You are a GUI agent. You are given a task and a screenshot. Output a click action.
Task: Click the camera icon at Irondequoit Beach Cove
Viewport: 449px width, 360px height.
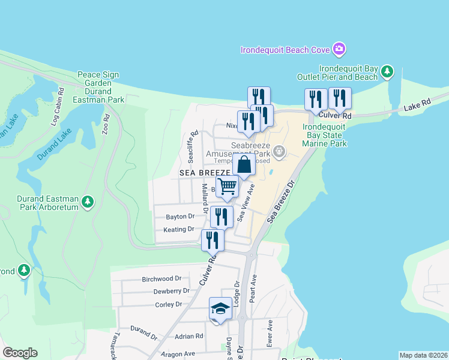point(339,49)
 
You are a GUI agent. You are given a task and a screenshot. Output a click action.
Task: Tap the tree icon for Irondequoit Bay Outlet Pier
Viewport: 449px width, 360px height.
point(387,72)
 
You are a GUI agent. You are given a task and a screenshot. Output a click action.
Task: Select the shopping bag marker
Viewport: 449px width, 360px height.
point(244,164)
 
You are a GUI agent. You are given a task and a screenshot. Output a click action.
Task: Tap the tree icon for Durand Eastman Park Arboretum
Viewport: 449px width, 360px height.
point(88,202)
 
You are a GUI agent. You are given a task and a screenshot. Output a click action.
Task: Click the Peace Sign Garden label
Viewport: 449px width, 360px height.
point(98,79)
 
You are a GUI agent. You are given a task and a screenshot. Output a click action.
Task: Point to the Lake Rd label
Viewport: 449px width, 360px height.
point(417,106)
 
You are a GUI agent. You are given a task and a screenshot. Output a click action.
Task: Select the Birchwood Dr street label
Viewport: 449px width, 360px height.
point(161,279)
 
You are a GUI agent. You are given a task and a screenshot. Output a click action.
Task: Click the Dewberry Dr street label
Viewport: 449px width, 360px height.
point(171,291)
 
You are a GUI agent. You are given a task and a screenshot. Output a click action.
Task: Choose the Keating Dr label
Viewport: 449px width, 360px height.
point(179,229)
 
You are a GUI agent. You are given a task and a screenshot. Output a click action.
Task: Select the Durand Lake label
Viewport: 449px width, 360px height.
point(60,143)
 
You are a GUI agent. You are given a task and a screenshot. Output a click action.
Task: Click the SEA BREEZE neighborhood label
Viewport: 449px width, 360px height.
point(205,173)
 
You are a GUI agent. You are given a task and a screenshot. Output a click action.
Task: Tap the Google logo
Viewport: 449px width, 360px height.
point(20,353)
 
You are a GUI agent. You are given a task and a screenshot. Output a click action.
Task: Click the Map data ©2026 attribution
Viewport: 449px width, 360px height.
point(423,355)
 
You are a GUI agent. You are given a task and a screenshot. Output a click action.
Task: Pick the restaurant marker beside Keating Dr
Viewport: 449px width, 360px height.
point(221,217)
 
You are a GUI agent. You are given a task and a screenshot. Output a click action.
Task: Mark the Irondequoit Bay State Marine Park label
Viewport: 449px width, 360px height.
point(325,136)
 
